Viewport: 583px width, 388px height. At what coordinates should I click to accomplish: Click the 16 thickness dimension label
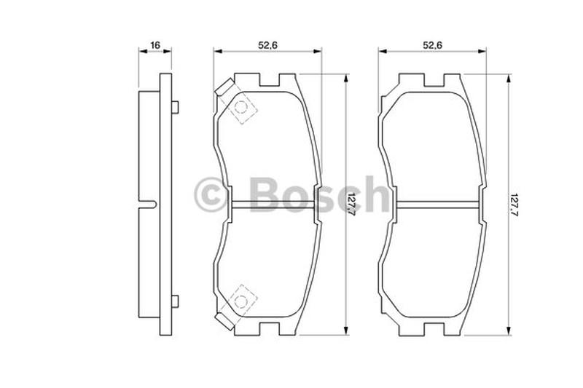pos(155,45)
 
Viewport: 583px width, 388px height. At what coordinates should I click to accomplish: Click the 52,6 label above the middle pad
pos(267,45)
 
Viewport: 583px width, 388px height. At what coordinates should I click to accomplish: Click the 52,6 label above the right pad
pos(432,45)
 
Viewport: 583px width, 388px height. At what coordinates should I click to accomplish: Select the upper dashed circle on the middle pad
pos(241,108)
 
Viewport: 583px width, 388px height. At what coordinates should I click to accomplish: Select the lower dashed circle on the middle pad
pos(241,301)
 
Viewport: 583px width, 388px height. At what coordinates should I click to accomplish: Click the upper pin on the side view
pos(175,107)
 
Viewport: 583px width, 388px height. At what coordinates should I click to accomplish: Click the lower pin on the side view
pos(175,301)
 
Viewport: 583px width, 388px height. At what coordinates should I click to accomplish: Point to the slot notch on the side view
pos(148,205)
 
